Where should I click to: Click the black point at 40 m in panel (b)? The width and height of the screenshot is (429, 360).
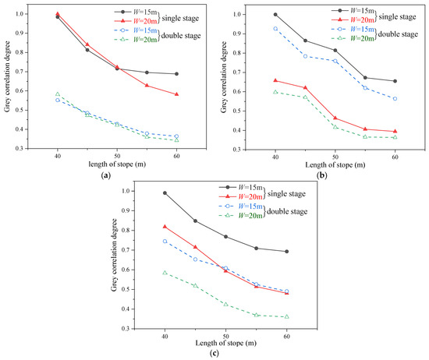click(275, 14)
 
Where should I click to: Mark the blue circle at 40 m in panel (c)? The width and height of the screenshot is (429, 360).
click(165, 241)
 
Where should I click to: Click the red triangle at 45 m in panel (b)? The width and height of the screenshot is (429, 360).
click(305, 88)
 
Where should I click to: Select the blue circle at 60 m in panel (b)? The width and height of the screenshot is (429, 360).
click(395, 99)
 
